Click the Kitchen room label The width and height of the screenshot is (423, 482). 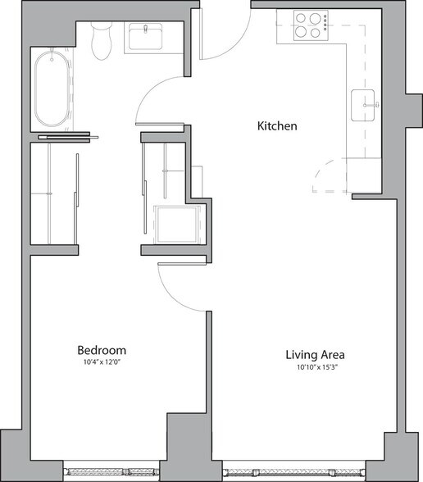coord(276,126)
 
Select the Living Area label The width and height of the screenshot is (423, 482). coord(314,355)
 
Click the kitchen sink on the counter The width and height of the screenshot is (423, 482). coord(365,104)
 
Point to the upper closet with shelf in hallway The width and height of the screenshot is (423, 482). coord(165,169)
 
